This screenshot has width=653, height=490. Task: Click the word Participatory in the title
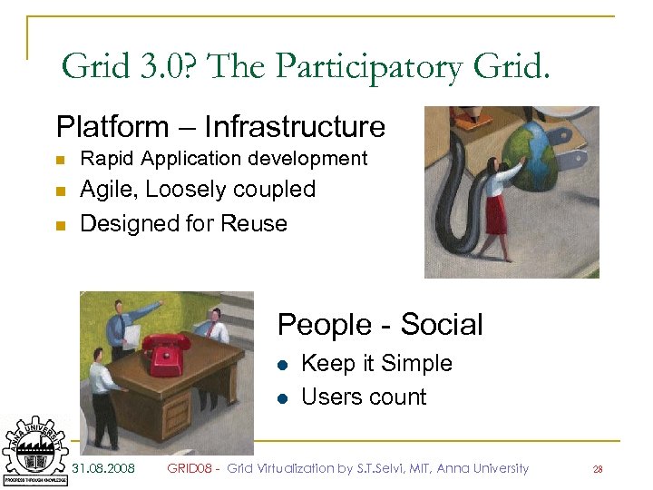tap(364, 66)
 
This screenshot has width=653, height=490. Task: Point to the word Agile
tap(109, 190)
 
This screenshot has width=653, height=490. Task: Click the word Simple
tap(414, 363)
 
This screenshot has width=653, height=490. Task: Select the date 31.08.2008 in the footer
tap(103, 468)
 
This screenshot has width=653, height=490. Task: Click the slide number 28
tap(598, 469)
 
